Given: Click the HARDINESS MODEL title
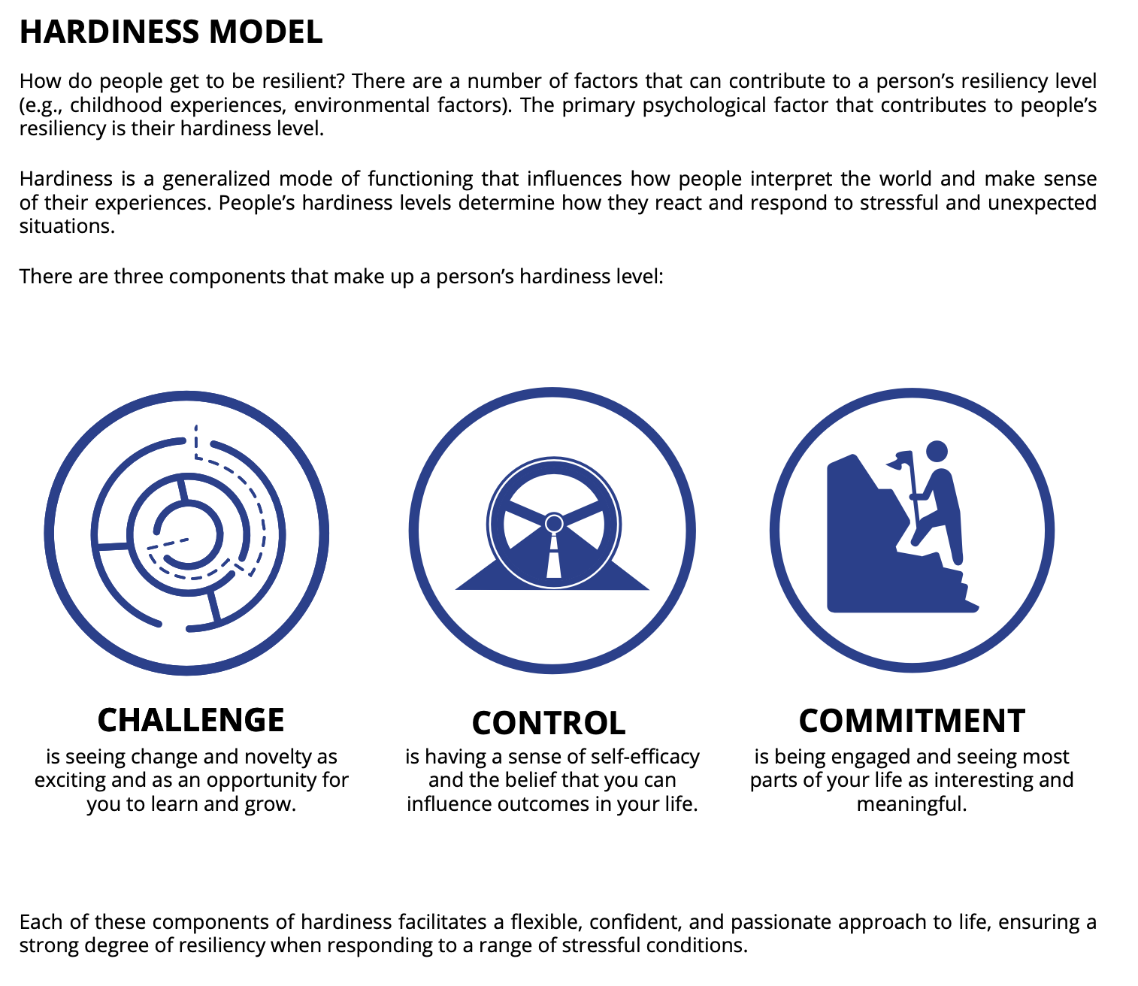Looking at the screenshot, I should (171, 32).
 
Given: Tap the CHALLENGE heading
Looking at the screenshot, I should (191, 720).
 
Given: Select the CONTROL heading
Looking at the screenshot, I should (549, 723).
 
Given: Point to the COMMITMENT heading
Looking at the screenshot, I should (912, 721).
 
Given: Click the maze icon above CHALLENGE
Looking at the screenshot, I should (186, 533).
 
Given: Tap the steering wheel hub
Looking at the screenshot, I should (554, 523).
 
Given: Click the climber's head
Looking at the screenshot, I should (937, 451).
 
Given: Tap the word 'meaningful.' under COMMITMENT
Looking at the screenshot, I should (912, 804).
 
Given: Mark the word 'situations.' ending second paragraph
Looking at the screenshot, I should (67, 226).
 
